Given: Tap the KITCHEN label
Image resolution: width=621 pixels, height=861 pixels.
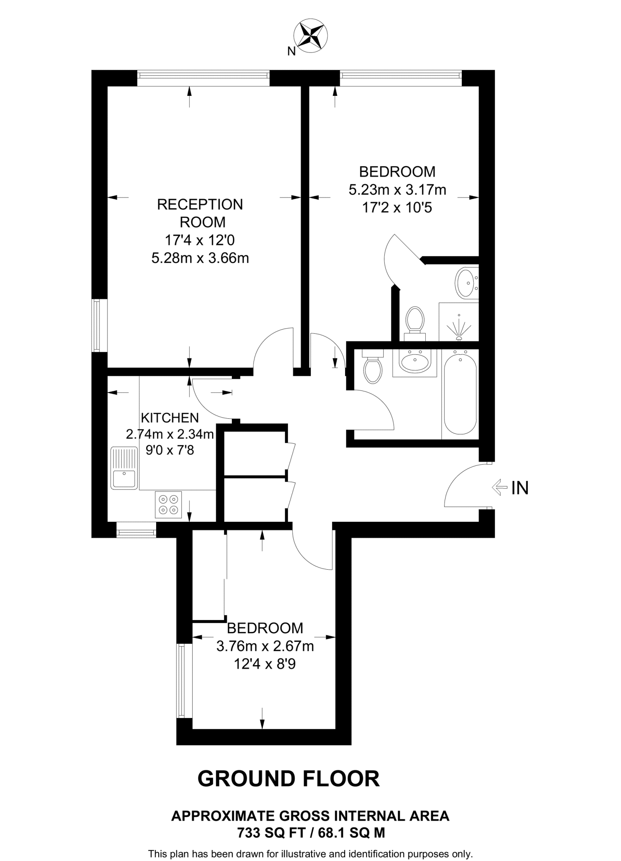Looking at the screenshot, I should point(170,417).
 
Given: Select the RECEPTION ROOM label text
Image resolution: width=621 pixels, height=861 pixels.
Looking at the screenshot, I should point(200,213).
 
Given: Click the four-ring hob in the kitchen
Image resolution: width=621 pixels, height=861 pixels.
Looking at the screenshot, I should point(168,504).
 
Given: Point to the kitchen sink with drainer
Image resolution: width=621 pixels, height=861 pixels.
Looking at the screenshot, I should point(124,468).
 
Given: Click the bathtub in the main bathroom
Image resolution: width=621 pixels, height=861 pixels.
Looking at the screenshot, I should point(460,394).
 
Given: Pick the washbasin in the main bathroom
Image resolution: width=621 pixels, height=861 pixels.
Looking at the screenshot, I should point(414,362).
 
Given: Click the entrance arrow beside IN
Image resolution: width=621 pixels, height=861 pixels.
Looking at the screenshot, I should point(499,488).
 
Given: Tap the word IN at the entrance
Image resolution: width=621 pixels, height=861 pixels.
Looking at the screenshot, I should point(520,488).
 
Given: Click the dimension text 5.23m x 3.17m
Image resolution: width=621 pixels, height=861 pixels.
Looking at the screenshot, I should point(397,190).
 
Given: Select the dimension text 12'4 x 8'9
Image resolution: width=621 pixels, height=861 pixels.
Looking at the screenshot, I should point(265,664).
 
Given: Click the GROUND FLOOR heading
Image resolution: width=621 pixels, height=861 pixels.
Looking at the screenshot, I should point(288,778).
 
